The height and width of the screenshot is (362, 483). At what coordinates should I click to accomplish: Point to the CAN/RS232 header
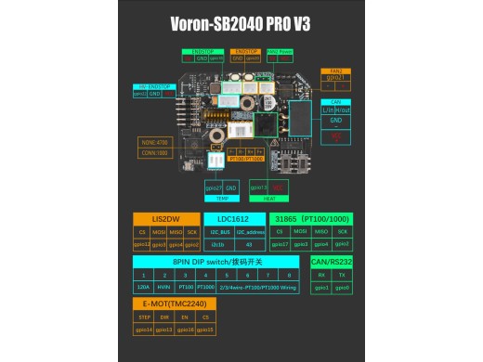(x=332, y=263)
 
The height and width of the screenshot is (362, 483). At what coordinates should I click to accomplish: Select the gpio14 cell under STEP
(x=142, y=330)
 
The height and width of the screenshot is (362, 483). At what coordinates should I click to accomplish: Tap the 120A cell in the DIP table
(x=142, y=288)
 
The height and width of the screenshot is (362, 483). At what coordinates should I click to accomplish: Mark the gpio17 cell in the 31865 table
(x=278, y=244)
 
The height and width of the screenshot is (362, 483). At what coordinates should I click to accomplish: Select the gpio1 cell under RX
(x=321, y=288)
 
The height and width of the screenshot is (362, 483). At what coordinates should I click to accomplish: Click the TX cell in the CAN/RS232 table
(x=343, y=275)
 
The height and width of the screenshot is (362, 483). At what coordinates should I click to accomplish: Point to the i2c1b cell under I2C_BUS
(x=218, y=244)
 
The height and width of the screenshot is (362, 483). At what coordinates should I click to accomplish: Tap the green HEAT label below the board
(x=268, y=198)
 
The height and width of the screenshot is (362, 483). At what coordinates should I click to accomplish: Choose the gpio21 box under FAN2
(x=333, y=78)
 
